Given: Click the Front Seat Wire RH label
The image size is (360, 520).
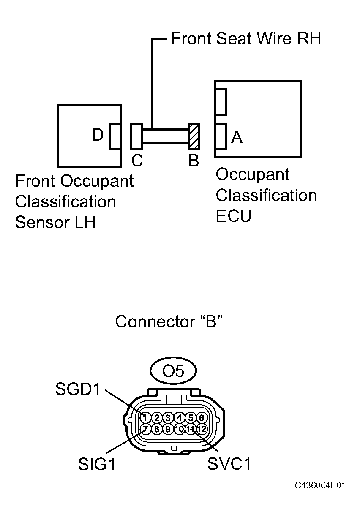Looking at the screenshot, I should point(245,38).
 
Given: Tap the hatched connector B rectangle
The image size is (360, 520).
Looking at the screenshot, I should point(194,136).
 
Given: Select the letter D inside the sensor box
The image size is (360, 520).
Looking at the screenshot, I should point(98,135).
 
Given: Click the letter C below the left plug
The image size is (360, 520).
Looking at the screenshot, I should point(137,161).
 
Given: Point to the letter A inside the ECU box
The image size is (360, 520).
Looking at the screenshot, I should point(237,137).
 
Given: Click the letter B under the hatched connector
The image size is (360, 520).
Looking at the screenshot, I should point(194,161).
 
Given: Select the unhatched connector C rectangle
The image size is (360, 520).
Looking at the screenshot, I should point(136,136).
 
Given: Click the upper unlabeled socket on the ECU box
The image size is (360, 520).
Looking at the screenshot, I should point(221,101).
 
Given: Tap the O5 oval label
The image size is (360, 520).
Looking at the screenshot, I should point(173,371).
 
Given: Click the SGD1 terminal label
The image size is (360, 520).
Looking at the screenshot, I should point(78,389).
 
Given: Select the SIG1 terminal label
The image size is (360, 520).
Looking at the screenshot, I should point(96,464).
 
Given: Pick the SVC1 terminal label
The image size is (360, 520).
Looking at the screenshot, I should point(229,464).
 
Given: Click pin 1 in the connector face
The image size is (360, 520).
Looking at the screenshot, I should point(145,418).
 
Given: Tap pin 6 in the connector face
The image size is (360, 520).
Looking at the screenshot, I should point(202,418).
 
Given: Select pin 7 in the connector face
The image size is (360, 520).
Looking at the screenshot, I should point(145,429).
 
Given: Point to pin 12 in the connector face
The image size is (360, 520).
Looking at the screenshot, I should point(202,429).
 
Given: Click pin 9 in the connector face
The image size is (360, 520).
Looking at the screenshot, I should point(168,429).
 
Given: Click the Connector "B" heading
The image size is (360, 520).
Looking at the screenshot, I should point(169,321).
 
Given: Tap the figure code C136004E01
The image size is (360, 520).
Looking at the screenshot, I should point(320,486).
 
